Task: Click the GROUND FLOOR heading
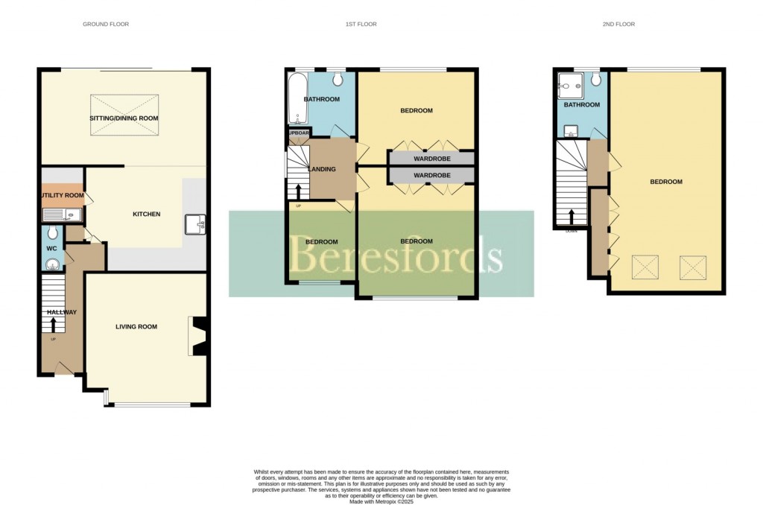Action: pos(105,25)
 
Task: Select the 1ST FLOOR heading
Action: pos(361,25)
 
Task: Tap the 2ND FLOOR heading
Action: pos(618,25)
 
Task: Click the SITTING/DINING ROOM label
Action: pos(125,118)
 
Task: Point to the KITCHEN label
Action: pos(147,215)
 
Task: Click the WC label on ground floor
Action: pos(52,248)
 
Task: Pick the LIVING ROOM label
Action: pos(136,326)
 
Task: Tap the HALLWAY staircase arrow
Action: pos(54,325)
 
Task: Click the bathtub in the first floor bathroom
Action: pos(294,98)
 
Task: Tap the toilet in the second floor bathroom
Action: pos(596,80)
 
